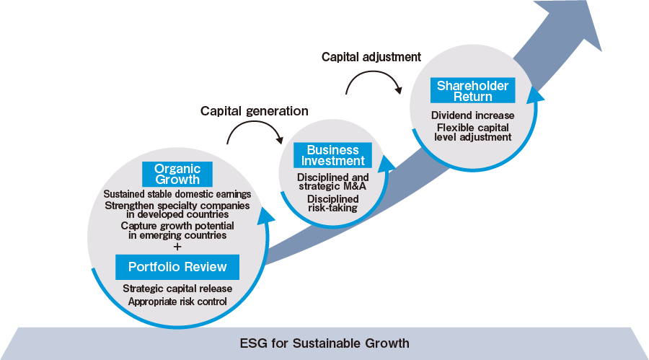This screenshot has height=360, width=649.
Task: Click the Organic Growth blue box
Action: [177, 174]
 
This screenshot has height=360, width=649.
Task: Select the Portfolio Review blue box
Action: [177, 267]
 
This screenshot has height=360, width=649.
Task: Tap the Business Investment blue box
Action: [332, 155]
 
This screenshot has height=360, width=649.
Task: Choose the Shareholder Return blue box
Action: [472, 90]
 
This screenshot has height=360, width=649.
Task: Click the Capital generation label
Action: [254, 111]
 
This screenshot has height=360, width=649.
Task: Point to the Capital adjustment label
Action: [371, 57]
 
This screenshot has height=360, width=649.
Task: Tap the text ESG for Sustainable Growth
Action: [324, 343]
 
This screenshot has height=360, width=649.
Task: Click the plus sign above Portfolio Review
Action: [177, 247]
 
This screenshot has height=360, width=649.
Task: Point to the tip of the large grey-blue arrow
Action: [601, 51]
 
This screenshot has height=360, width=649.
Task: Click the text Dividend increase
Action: [472, 115]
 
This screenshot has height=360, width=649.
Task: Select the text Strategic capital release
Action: [177, 289]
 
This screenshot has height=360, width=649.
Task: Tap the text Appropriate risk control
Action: [177, 301]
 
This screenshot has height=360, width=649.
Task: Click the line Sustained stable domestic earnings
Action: [177, 194]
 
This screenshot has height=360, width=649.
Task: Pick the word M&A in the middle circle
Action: [353, 186]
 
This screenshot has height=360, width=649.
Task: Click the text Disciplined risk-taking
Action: [332, 203]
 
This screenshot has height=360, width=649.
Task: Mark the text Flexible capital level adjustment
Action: [472, 133]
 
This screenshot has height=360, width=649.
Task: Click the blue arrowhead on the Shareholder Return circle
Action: [536, 96]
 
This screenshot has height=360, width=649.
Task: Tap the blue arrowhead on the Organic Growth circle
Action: [267, 216]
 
